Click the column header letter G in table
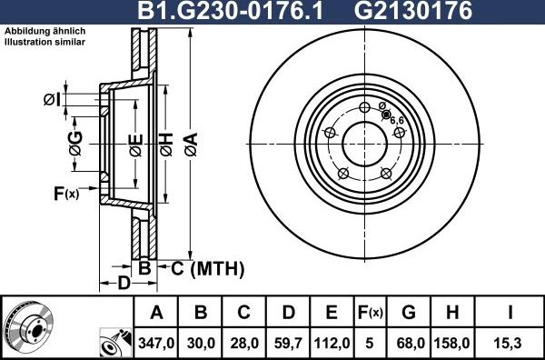(409, 314)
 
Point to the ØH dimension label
(166, 144)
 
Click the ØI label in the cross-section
(52, 99)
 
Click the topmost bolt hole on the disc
(364, 107)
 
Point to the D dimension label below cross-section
(123, 282)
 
